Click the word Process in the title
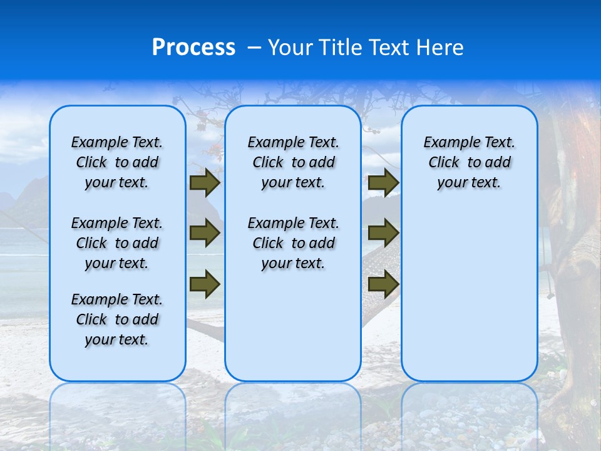pyautogui.click(x=193, y=48)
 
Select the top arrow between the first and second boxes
pyautogui.click(x=205, y=182)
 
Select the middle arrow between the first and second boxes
pyautogui.click(x=205, y=233)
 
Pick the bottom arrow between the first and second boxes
pyautogui.click(x=205, y=284)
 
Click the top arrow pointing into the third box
pyautogui.click(x=383, y=182)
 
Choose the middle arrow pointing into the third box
pyautogui.click(x=383, y=233)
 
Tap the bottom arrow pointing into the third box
pyautogui.click(x=383, y=284)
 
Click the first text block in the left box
pyautogui.click(x=117, y=162)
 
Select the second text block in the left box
pyautogui.click(x=117, y=243)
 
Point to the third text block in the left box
pyautogui.click(x=117, y=319)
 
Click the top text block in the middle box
pyautogui.click(x=293, y=162)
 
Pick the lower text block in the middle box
pyautogui.click(x=293, y=243)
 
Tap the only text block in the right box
pyautogui.click(x=469, y=162)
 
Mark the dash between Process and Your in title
pyautogui.click(x=254, y=48)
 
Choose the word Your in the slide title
pyautogui.click(x=291, y=48)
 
